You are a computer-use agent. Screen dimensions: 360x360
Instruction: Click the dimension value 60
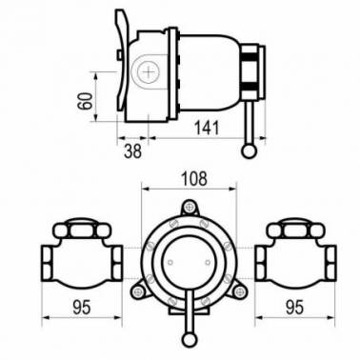[x=85, y=101]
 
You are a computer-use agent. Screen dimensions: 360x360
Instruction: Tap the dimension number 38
[x=132, y=151]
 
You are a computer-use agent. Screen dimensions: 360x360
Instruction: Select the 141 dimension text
[x=207, y=128]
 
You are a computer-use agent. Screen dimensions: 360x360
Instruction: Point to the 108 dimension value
[x=194, y=179]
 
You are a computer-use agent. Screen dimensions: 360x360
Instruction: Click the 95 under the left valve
[x=82, y=308]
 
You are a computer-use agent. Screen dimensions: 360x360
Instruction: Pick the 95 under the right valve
[x=294, y=308]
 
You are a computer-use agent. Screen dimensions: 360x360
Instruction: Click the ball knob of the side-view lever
[x=249, y=151]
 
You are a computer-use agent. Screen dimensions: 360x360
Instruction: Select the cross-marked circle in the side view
[x=149, y=71]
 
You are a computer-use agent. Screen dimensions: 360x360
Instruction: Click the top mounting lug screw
[x=190, y=208]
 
